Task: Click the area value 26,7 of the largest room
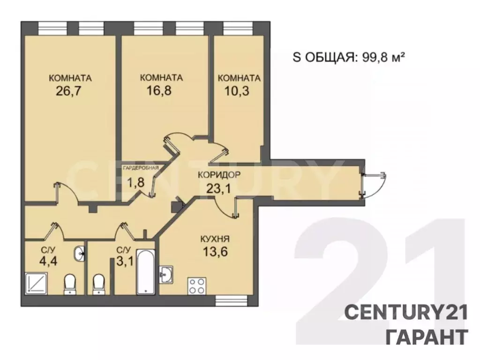click(69, 90)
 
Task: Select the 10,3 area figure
click(239, 90)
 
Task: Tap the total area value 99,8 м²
click(383, 57)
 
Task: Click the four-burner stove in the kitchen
click(197, 286)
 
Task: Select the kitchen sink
click(166, 275)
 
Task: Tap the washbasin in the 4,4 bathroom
click(79, 254)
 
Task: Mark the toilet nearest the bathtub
click(99, 284)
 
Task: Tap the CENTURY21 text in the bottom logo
click(406, 313)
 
